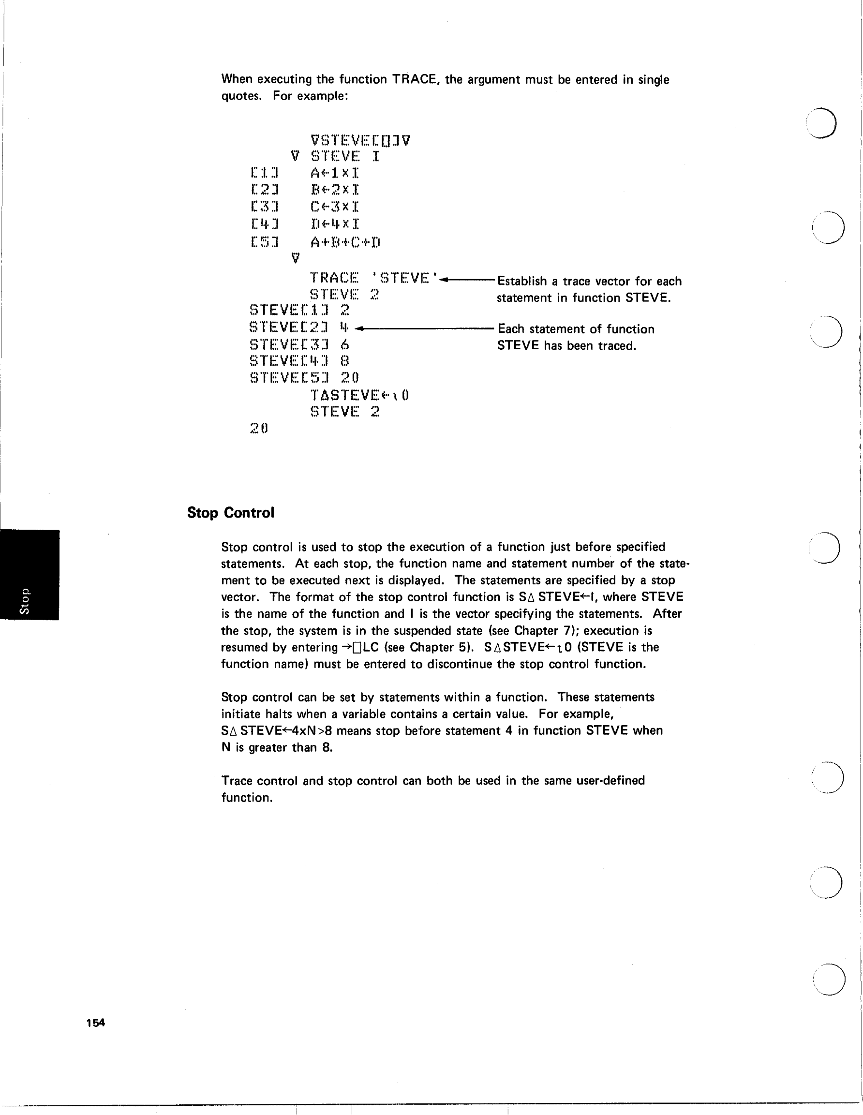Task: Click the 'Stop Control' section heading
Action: [230, 513]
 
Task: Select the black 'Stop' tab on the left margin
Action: [29, 575]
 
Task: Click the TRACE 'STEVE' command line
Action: [373, 278]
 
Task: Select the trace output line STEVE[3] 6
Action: [300, 344]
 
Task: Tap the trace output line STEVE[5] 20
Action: [304, 378]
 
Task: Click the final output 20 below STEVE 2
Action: [259, 428]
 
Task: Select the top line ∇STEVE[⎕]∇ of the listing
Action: [360, 140]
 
